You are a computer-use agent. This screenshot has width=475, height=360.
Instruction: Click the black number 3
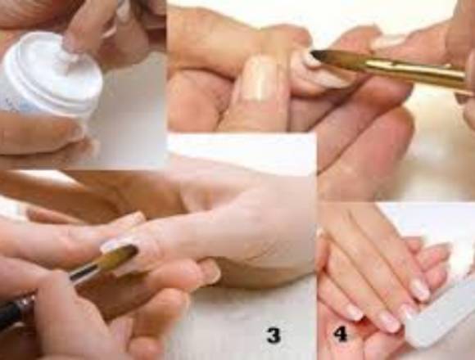[x=274, y=335]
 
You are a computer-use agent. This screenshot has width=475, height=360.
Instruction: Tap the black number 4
[x=341, y=335]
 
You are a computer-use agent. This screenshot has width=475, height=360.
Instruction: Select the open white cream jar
[x=52, y=75]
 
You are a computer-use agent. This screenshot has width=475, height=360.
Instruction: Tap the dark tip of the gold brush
[x=318, y=56]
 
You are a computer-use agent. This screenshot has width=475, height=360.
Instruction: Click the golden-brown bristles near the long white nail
[x=118, y=257]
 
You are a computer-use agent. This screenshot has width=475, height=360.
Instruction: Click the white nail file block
[x=439, y=316]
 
